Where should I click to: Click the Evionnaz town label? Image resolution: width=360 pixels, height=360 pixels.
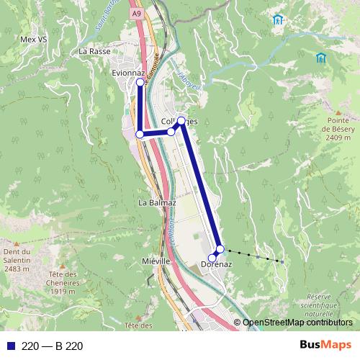(128, 73)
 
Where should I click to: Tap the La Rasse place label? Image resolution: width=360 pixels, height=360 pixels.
(93, 51)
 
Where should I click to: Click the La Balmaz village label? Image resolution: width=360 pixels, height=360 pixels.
(157, 203)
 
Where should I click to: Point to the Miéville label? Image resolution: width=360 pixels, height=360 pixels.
(156, 261)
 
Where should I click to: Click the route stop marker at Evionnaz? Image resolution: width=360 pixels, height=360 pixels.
(140, 83)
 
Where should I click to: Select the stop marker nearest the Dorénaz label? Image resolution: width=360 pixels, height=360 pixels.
(212, 258)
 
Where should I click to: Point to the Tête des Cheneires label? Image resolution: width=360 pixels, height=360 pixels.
(63, 282)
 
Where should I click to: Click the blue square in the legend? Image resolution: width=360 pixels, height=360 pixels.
(10, 346)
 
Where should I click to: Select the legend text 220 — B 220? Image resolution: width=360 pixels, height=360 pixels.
(53, 346)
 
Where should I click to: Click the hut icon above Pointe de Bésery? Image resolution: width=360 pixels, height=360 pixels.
(319, 57)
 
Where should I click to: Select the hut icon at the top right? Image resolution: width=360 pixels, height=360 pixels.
(277, 19)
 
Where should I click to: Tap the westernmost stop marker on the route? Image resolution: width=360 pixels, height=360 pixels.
(140, 134)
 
